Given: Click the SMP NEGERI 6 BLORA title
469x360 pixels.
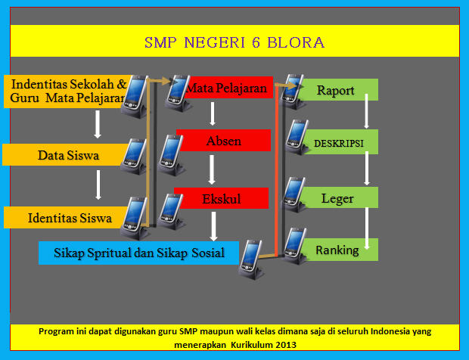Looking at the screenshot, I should [x=234, y=42].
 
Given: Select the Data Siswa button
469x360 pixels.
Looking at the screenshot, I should [x=62, y=156].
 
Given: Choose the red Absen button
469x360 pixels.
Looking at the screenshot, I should [x=223, y=141].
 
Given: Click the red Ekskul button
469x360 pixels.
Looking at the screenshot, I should [x=222, y=198].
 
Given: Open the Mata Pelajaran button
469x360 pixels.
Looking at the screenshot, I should [x=227, y=89].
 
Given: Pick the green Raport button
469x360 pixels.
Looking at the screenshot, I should [x=337, y=91].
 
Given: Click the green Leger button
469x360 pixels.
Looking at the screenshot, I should [x=336, y=199].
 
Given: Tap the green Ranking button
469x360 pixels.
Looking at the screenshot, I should [x=337, y=250].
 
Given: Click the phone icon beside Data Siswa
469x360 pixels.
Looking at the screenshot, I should [x=135, y=156].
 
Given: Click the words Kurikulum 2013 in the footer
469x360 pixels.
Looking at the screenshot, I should [x=266, y=344].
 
